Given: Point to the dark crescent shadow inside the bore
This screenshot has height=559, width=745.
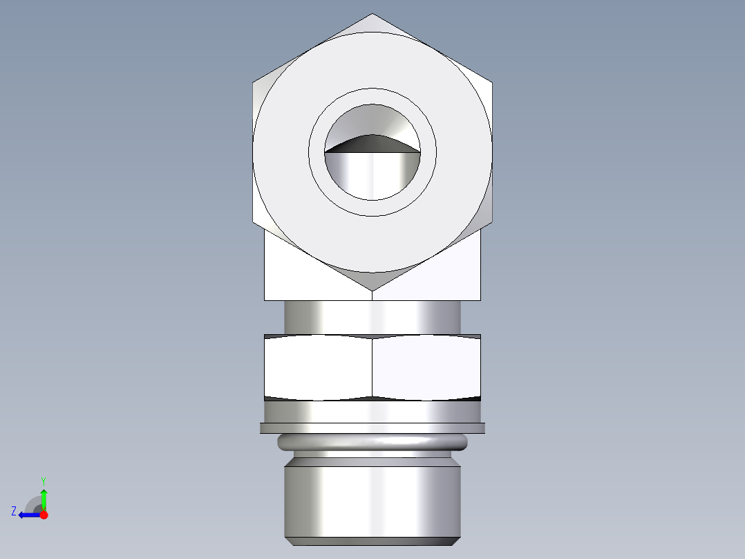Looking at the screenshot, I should [372, 143].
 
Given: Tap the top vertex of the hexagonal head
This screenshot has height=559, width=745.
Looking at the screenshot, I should [372, 15].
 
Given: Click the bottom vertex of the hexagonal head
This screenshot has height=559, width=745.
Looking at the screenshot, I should [372, 290].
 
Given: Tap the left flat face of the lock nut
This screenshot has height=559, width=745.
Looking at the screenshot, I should [318, 367].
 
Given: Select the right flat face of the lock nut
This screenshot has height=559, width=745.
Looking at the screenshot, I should [426, 367].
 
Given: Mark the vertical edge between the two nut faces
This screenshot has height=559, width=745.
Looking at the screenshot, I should [372, 367].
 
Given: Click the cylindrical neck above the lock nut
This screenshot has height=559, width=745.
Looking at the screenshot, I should [372, 317].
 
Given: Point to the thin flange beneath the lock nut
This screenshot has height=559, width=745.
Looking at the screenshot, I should [372, 428].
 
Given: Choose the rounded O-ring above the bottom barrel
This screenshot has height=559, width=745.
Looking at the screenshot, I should [372, 442].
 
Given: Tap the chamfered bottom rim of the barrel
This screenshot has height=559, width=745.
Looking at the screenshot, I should [372, 541].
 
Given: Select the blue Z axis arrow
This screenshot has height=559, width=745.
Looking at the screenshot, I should [29, 515].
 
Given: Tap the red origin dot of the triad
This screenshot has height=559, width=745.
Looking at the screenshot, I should [44, 515].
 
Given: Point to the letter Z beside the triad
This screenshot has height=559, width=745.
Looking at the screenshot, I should [14, 511].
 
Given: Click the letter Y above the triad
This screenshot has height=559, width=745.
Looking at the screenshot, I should [43, 480].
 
